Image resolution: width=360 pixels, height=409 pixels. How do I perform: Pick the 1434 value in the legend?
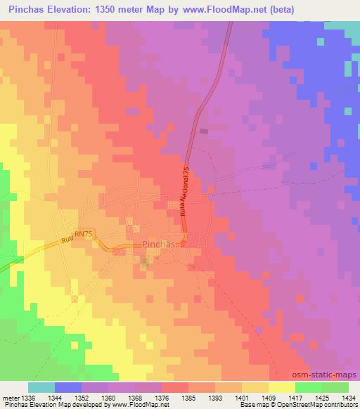[x=347, y=397]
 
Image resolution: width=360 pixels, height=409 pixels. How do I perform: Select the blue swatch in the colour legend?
[x=68, y=387]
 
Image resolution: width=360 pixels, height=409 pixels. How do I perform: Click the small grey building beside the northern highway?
[x=204, y=131]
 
